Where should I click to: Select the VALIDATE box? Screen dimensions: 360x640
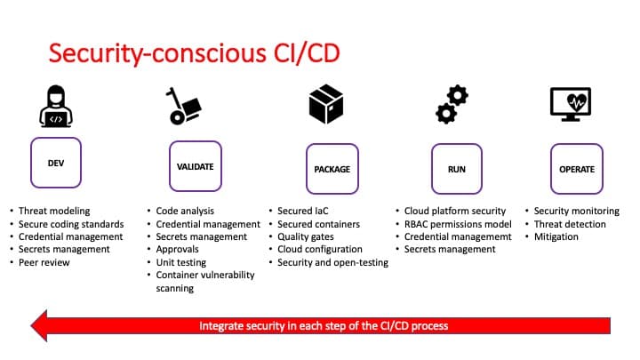196,166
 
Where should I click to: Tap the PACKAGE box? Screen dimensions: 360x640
332,168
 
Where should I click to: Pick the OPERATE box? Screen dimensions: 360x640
576,168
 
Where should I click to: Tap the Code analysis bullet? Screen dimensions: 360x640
188,212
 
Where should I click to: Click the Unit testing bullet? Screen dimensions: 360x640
181,262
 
